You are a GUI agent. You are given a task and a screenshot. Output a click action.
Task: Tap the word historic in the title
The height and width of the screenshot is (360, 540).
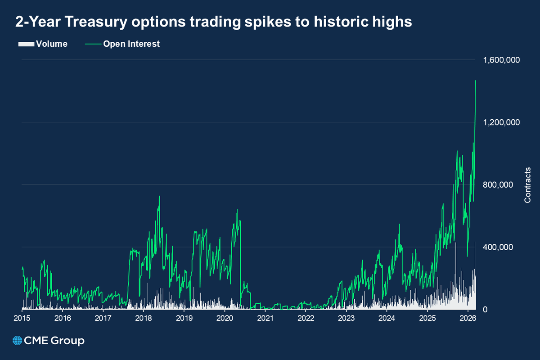click(x=345, y=22)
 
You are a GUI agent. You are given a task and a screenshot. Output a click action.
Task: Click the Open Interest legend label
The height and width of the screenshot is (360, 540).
click(x=131, y=44)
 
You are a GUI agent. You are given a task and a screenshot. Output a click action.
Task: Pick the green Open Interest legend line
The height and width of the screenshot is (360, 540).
click(x=92, y=44)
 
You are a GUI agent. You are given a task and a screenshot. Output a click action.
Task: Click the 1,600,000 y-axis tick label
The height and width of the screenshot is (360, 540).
click(x=501, y=60)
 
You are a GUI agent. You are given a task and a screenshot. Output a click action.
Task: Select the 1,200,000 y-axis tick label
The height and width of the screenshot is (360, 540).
click(x=501, y=122)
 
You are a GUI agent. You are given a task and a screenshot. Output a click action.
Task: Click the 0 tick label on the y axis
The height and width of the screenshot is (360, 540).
click(x=486, y=310)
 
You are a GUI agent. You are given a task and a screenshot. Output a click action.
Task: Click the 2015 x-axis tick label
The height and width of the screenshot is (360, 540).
click(x=22, y=318)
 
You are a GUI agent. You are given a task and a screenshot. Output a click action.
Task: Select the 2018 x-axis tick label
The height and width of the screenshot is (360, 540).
click(x=144, y=318)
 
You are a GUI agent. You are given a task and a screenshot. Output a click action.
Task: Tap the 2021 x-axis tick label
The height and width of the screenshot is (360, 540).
click(x=265, y=318)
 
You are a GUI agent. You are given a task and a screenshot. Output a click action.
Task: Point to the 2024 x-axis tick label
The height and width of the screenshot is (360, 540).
click(x=387, y=318)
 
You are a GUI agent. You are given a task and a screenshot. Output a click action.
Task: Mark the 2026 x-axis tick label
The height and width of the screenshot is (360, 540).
click(x=468, y=318)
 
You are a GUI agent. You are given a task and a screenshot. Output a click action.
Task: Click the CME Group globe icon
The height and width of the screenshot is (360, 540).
click(x=18, y=341)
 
